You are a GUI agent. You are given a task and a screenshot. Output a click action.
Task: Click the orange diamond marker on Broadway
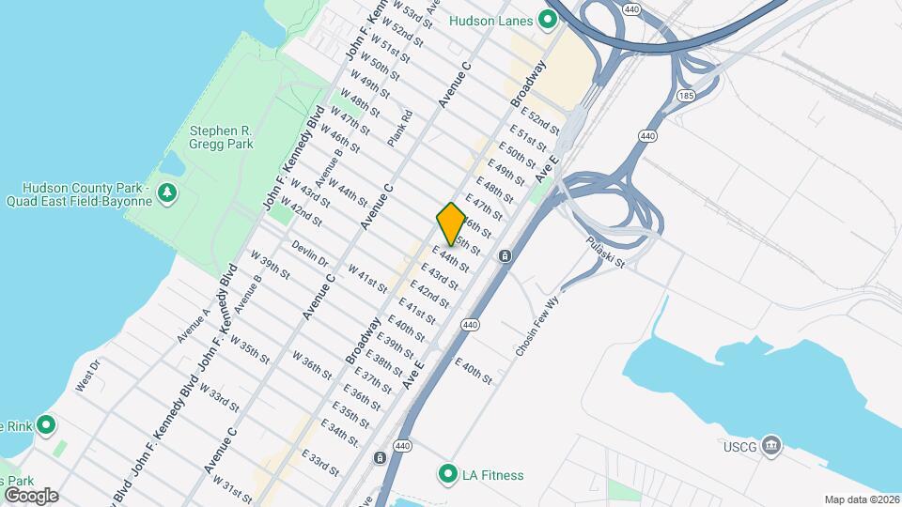click(x=451, y=225)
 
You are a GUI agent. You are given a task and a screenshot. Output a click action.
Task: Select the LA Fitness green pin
click(x=449, y=473)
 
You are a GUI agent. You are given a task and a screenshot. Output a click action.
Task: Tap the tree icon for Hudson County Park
click(x=167, y=193)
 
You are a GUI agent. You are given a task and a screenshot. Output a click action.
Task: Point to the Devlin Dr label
click(x=310, y=255)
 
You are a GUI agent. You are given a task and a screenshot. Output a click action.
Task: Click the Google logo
click(x=31, y=495)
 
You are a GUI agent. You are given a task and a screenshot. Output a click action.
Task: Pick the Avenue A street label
click(x=194, y=325)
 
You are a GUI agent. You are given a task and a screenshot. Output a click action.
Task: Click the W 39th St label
click(x=270, y=266)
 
